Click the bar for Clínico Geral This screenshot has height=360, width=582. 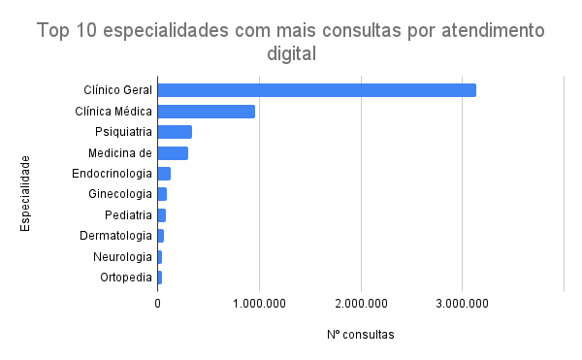(316, 90)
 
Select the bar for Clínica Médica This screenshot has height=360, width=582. (206, 112)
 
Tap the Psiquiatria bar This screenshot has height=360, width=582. (175, 132)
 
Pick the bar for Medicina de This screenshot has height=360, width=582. (173, 153)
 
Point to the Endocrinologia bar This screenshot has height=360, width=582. (164, 174)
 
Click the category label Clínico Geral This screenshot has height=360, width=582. (118, 90)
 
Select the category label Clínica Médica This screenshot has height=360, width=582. (113, 112)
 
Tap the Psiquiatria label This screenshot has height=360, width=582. (123, 132)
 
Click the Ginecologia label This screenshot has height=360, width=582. (120, 195)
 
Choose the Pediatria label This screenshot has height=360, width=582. (128, 215)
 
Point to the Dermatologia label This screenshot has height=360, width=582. (115, 236)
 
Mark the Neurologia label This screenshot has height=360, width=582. (122, 257)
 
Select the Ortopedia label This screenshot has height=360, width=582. (125, 278)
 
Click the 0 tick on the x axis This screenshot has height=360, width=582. (158, 303)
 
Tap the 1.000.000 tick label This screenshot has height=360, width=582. (259, 303)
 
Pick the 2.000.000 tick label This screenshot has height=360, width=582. (361, 303)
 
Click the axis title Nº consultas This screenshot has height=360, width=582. (361, 335)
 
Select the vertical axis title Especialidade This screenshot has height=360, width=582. (26, 193)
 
